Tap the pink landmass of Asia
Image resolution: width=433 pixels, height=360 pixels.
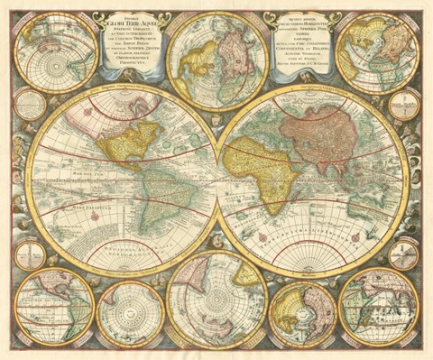[x=334, y=135]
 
